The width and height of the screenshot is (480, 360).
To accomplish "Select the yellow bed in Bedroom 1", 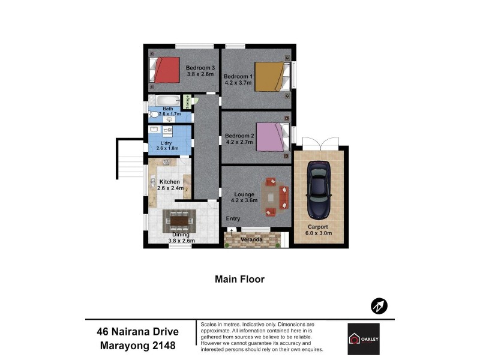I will [x=268, y=77].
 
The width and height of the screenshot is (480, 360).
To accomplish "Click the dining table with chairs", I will [x=179, y=222].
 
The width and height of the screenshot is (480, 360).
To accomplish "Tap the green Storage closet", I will [x=187, y=102].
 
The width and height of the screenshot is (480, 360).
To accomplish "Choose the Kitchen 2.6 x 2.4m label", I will [x=169, y=185].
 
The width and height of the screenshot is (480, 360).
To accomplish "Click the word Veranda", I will [x=252, y=240].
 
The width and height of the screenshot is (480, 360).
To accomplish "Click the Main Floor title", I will [x=239, y=279].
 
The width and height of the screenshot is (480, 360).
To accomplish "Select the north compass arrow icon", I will [x=378, y=306].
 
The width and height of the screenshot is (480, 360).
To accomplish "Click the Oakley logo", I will [x=363, y=338].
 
